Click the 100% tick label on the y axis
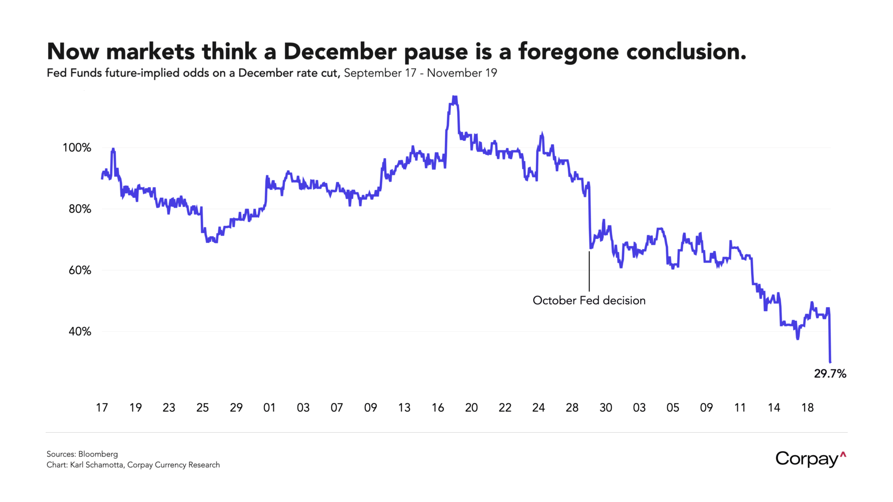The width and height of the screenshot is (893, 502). click(77, 148)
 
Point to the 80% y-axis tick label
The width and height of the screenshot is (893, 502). click(80, 209)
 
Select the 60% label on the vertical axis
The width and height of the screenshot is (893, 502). click(80, 271)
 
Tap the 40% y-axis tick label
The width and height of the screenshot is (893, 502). click(80, 332)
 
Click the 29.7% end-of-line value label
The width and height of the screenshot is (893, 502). click(830, 374)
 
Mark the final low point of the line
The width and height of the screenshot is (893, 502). click(830, 362)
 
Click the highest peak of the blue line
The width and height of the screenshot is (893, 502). click(455, 97)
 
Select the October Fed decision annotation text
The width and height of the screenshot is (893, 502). click(589, 301)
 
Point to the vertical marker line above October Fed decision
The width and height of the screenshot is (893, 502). click(589, 271)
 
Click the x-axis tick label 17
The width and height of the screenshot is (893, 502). click(102, 408)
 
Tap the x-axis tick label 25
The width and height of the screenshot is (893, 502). click(203, 408)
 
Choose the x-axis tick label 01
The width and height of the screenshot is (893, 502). click(269, 408)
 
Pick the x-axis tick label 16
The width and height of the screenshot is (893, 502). click(438, 408)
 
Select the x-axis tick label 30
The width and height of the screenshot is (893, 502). click(606, 408)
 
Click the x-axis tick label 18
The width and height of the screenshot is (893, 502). click(807, 408)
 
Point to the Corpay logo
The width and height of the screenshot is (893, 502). click(810, 459)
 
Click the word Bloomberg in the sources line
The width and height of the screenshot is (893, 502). click(98, 454)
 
